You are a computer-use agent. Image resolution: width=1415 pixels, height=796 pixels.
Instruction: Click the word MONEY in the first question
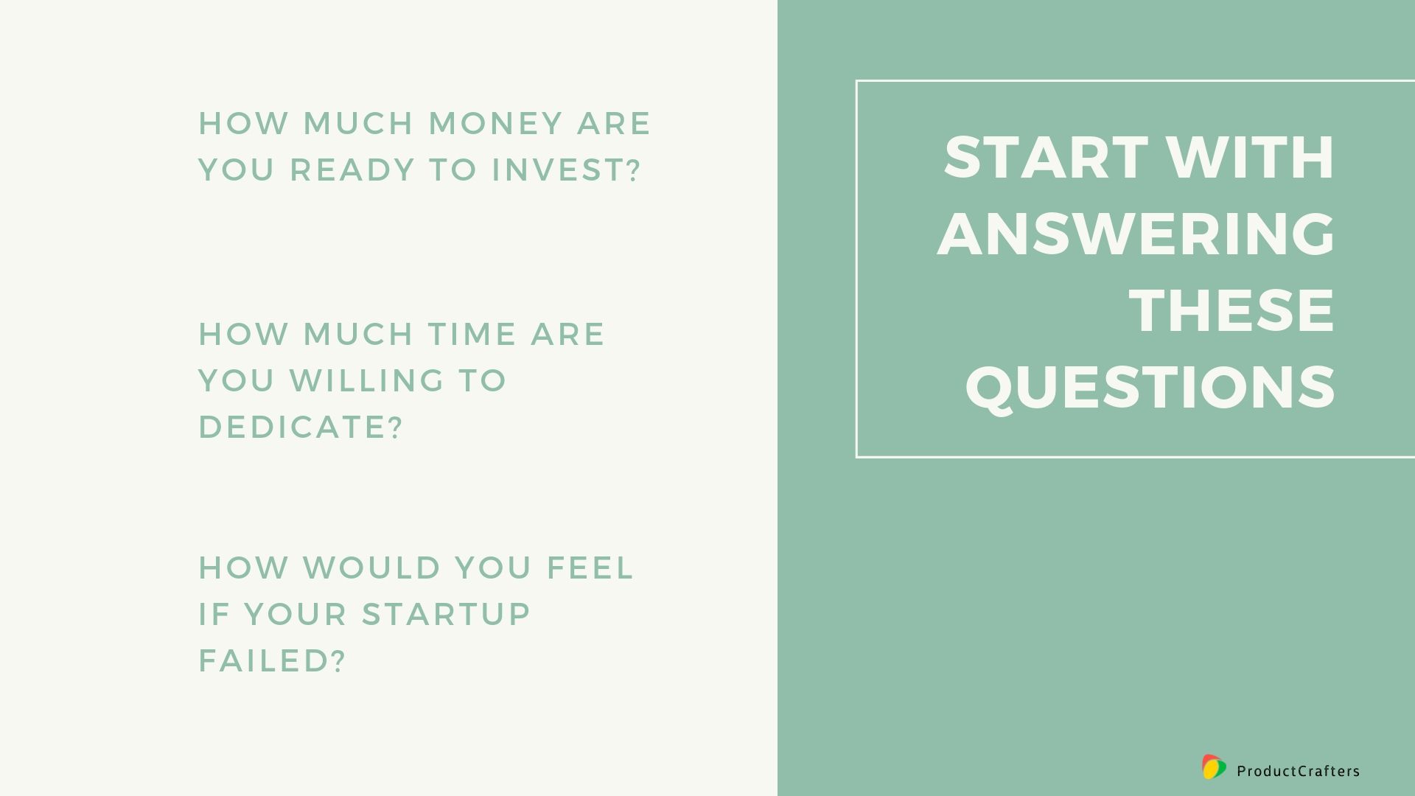pyautogui.click(x=496, y=123)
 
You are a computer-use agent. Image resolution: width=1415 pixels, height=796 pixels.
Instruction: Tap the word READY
pyautogui.click(x=352, y=170)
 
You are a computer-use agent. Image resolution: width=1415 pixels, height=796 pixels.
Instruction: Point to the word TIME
pyautogui.click(x=472, y=334)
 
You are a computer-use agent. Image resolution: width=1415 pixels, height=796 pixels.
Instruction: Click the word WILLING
pyautogui.click(x=367, y=380)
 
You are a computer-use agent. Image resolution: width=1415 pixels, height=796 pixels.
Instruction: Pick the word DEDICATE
pyautogui.click(x=293, y=427)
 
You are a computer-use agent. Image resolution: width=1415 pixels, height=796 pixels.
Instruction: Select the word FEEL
pyautogui.click(x=590, y=568)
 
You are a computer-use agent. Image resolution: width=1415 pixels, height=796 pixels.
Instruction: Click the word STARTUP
pyautogui.click(x=447, y=614)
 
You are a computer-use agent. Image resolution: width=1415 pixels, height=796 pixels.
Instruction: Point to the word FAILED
pyautogui.click(x=264, y=660)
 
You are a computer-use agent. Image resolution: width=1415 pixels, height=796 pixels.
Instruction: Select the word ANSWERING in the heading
pyautogui.click(x=1136, y=234)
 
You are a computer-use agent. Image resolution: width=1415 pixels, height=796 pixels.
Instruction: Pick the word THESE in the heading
pyautogui.click(x=1232, y=310)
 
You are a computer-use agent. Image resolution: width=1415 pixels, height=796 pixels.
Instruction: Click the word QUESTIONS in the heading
pyautogui.click(x=1150, y=387)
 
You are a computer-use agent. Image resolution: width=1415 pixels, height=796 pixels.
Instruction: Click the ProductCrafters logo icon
pyautogui.click(x=1214, y=767)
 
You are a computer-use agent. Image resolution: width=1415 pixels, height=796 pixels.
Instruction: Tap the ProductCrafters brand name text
pyautogui.click(x=1299, y=771)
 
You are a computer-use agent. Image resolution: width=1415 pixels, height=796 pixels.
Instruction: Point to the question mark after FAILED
pyautogui.click(x=338, y=660)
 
